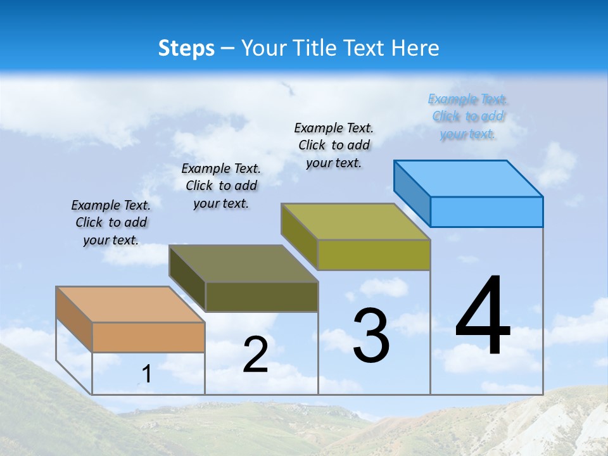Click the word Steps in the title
pos(186,48)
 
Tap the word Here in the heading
pos(415,48)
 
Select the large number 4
pos(483,317)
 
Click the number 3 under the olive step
pos(371,336)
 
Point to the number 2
pos(255,355)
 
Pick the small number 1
pos(146,374)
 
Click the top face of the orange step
pos(130,305)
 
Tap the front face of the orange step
pos(148,337)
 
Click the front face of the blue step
pos(486,212)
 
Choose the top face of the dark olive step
pos(243,263)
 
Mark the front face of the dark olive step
pos(262,296)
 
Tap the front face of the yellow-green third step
pos(374,255)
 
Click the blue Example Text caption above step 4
pos(467,117)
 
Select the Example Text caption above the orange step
pos(111,222)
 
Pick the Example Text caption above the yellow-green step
pos(334,145)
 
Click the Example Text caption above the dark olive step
pos(221,186)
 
